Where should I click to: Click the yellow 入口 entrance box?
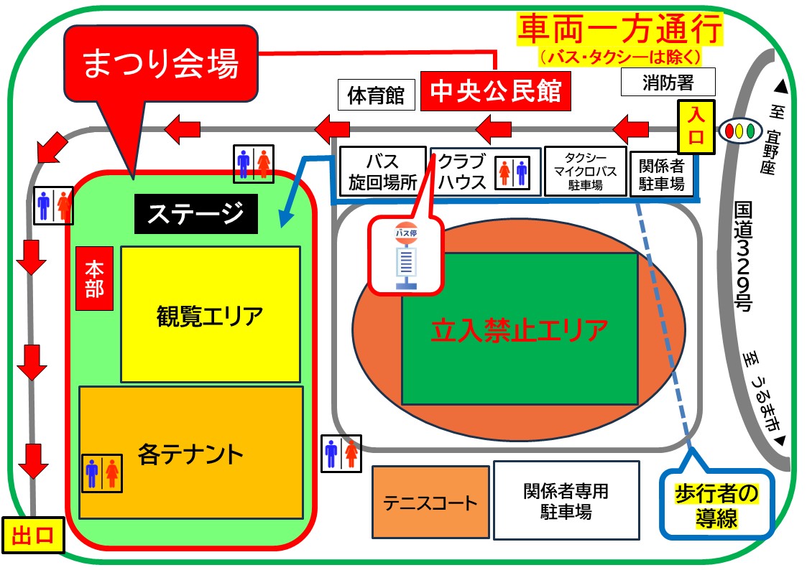[696, 127]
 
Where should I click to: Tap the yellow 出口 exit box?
[33, 535]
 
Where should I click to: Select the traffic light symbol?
[740, 131]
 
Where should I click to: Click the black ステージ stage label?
[196, 214]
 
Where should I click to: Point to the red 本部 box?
[94, 279]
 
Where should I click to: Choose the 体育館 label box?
[377, 95]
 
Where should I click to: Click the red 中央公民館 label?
[496, 91]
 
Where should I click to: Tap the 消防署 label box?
[668, 82]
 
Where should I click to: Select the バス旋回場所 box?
[382, 172]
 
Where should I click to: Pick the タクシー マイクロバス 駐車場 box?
[585, 171]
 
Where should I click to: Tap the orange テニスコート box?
[430, 502]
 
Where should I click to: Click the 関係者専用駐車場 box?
[566, 500]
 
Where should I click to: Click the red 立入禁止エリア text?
[520, 330]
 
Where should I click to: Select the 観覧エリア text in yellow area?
[210, 316]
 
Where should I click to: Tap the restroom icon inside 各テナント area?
[102, 473]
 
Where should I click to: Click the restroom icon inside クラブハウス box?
[512, 173]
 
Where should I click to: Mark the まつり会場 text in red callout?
[160, 64]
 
